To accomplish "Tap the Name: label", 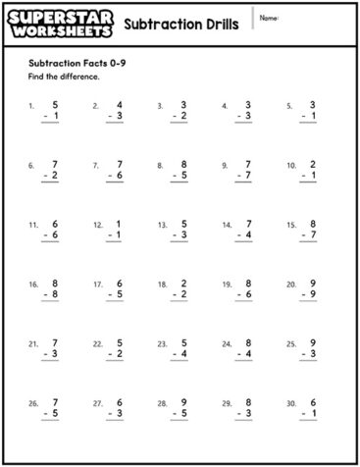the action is coord(270,17).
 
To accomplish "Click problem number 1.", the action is coord(32,105).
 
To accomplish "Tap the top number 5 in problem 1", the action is coord(55,104).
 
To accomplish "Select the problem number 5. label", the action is coord(290,105).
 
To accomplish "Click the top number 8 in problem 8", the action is coord(183,164).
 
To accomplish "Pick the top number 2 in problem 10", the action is coord(312,164).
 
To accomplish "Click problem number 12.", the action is coord(98,225).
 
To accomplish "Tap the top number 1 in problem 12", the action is coord(119,224).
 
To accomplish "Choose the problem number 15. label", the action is coord(291,225).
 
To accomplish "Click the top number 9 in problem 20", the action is coord(312,284).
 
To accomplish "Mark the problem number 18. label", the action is coord(163,285).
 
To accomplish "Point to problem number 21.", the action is coord(33,344).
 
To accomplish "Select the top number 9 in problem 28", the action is coord(183,402).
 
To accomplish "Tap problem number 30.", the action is coord(291,404).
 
